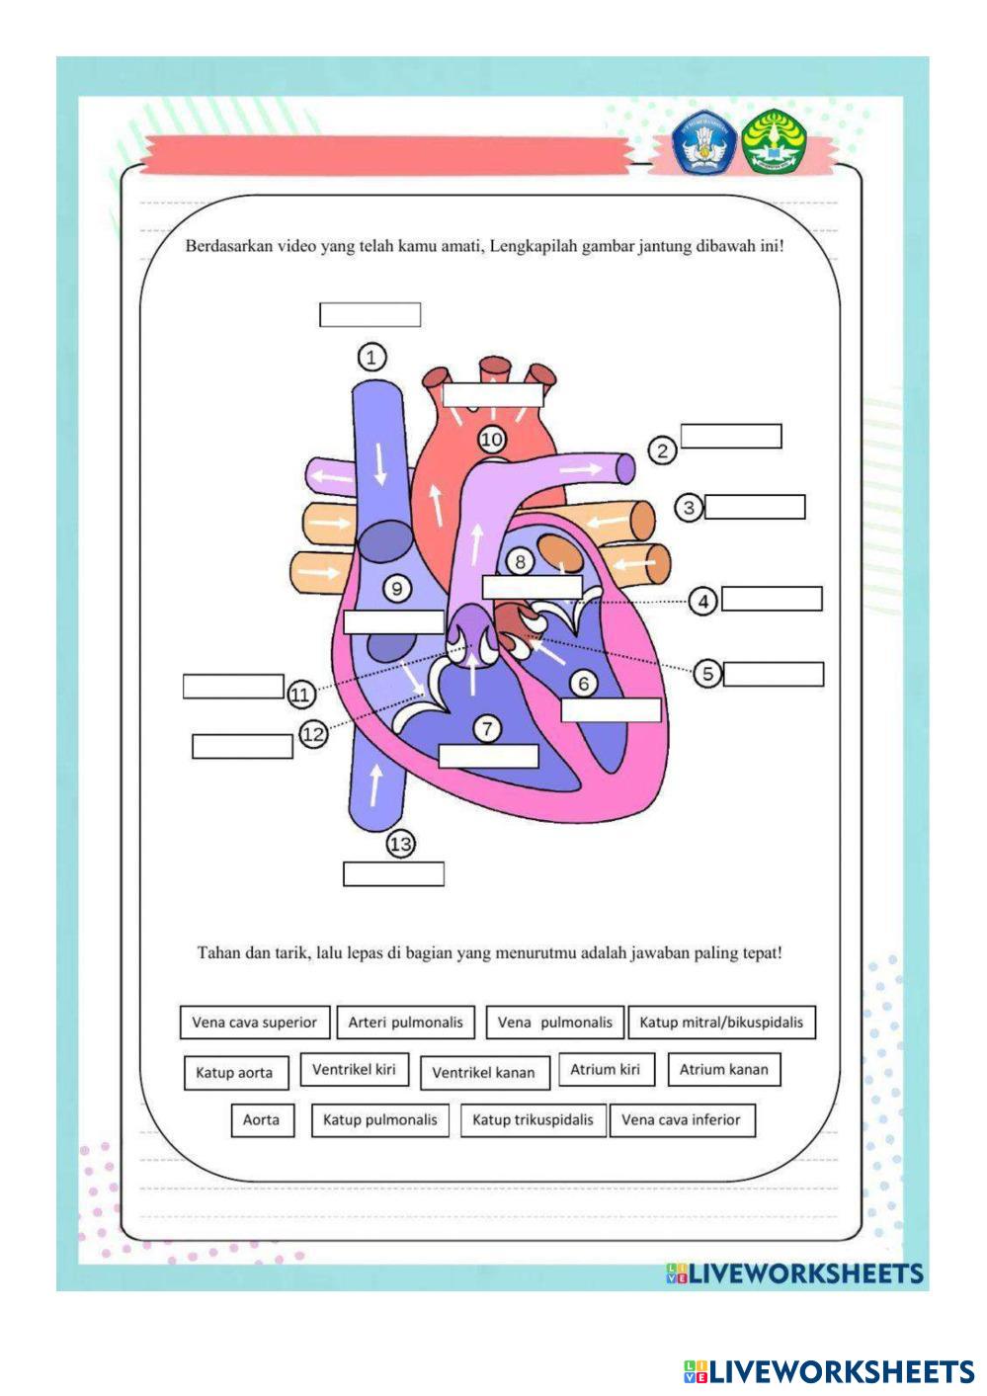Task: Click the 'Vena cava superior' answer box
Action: [x=254, y=1023]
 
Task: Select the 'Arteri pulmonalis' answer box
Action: [x=405, y=1023]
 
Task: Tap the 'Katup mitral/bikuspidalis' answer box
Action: [x=721, y=1023]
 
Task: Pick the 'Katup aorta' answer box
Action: [x=234, y=1073]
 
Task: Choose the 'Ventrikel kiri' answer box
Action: [x=354, y=1069]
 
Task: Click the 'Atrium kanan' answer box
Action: [x=723, y=1069]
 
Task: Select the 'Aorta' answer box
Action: [x=262, y=1120]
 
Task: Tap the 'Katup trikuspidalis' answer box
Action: [x=533, y=1120]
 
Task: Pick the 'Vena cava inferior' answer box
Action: [x=681, y=1120]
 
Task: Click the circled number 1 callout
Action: [x=370, y=357]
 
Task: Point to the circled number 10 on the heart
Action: [x=491, y=439]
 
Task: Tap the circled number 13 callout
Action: [x=400, y=844]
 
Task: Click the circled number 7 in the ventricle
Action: [x=487, y=729]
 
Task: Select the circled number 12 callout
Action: [x=313, y=734]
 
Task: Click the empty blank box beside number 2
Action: [x=731, y=436]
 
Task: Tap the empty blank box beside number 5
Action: [x=774, y=674]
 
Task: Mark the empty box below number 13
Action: [x=393, y=873]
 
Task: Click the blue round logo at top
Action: [x=703, y=143]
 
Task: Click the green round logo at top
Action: [x=775, y=141]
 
